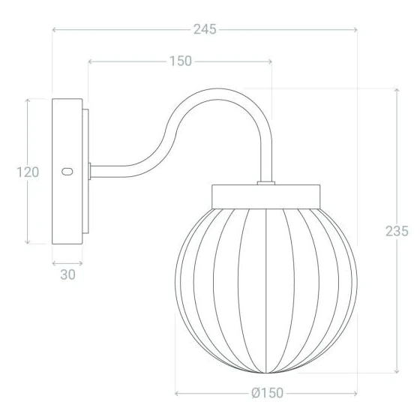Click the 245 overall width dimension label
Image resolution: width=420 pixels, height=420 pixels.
point(204,29)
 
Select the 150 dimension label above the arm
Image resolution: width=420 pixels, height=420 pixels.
point(179,61)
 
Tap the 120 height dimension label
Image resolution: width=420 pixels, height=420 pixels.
point(28,172)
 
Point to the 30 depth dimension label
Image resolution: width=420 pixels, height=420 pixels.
point(67,274)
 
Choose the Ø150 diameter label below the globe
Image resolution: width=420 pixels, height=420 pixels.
point(266,393)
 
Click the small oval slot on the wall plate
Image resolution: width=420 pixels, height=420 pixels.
point(67,172)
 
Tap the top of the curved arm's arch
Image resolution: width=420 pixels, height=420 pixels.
point(217,92)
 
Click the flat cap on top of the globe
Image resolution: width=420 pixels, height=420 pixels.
point(266,196)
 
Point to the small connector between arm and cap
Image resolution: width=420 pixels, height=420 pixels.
point(266,182)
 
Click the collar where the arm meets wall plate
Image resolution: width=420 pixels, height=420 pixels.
point(90,172)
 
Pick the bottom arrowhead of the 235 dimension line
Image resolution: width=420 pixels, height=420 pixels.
point(397,371)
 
